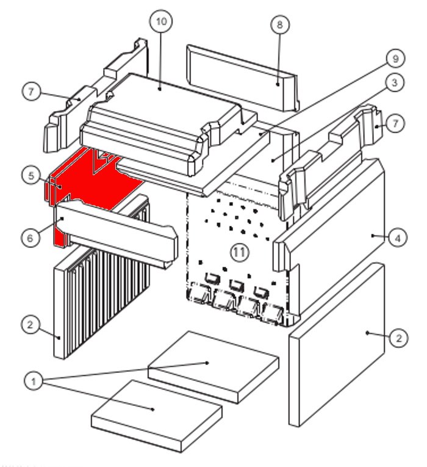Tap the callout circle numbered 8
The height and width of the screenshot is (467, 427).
coord(280,25)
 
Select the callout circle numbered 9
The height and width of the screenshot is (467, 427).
coord(395,59)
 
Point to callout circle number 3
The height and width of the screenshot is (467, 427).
coord(395,83)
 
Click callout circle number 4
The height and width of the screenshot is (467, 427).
coord(398,238)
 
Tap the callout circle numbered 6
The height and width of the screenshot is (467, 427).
coord(30,238)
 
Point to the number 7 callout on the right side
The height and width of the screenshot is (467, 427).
coord(395,124)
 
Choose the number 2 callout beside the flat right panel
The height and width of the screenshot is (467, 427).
coord(398,338)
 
